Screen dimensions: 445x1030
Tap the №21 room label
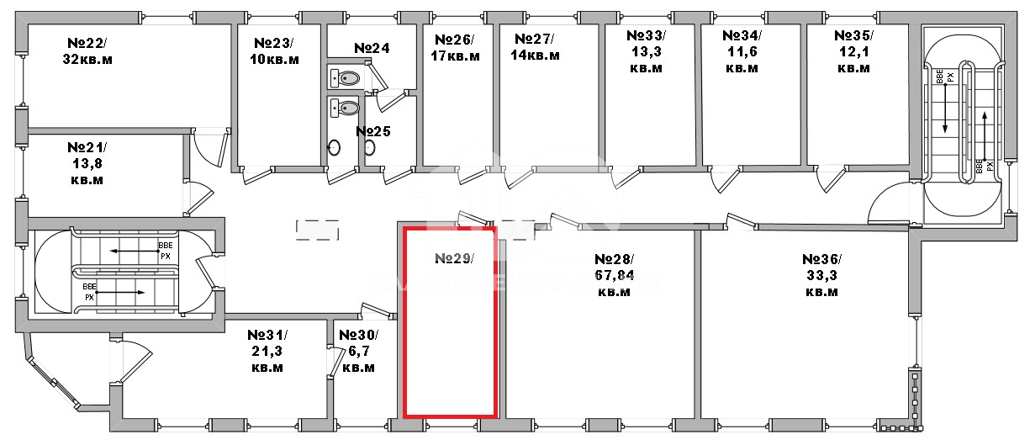[87, 162]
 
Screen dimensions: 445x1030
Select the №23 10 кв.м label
[275, 50]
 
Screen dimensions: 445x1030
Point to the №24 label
[372, 48]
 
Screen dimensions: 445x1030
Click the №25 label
[372, 131]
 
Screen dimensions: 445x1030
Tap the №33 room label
[646, 51]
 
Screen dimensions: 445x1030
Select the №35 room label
[853, 51]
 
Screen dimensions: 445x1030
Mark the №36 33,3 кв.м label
[821, 275]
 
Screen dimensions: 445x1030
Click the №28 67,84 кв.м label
[614, 275]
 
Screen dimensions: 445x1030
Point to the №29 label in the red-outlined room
[454, 258]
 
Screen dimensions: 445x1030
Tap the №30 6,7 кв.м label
[358, 351]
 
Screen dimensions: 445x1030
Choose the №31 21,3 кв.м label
[267, 351]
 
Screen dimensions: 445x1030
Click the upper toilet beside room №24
[346, 78]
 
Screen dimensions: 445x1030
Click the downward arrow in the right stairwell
[945, 109]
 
